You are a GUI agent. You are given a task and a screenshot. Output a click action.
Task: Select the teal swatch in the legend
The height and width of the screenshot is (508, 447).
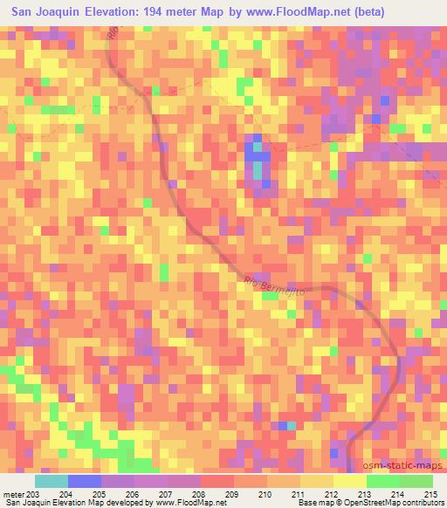(51, 481)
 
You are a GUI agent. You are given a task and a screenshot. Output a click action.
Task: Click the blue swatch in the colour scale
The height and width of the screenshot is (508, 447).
(84, 481)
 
